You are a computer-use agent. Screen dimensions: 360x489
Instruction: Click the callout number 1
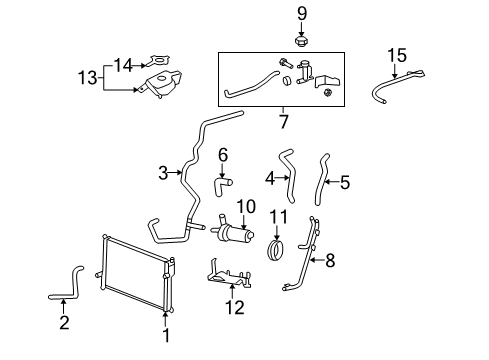(x=167, y=337)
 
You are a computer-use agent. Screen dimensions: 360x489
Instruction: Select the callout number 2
(x=64, y=322)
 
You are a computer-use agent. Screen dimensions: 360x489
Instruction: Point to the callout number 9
(x=300, y=13)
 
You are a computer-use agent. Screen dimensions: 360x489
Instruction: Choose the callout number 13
(x=87, y=76)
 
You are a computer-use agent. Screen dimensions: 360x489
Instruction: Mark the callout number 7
(x=284, y=122)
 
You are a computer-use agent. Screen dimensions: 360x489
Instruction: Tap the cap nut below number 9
(x=300, y=41)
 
